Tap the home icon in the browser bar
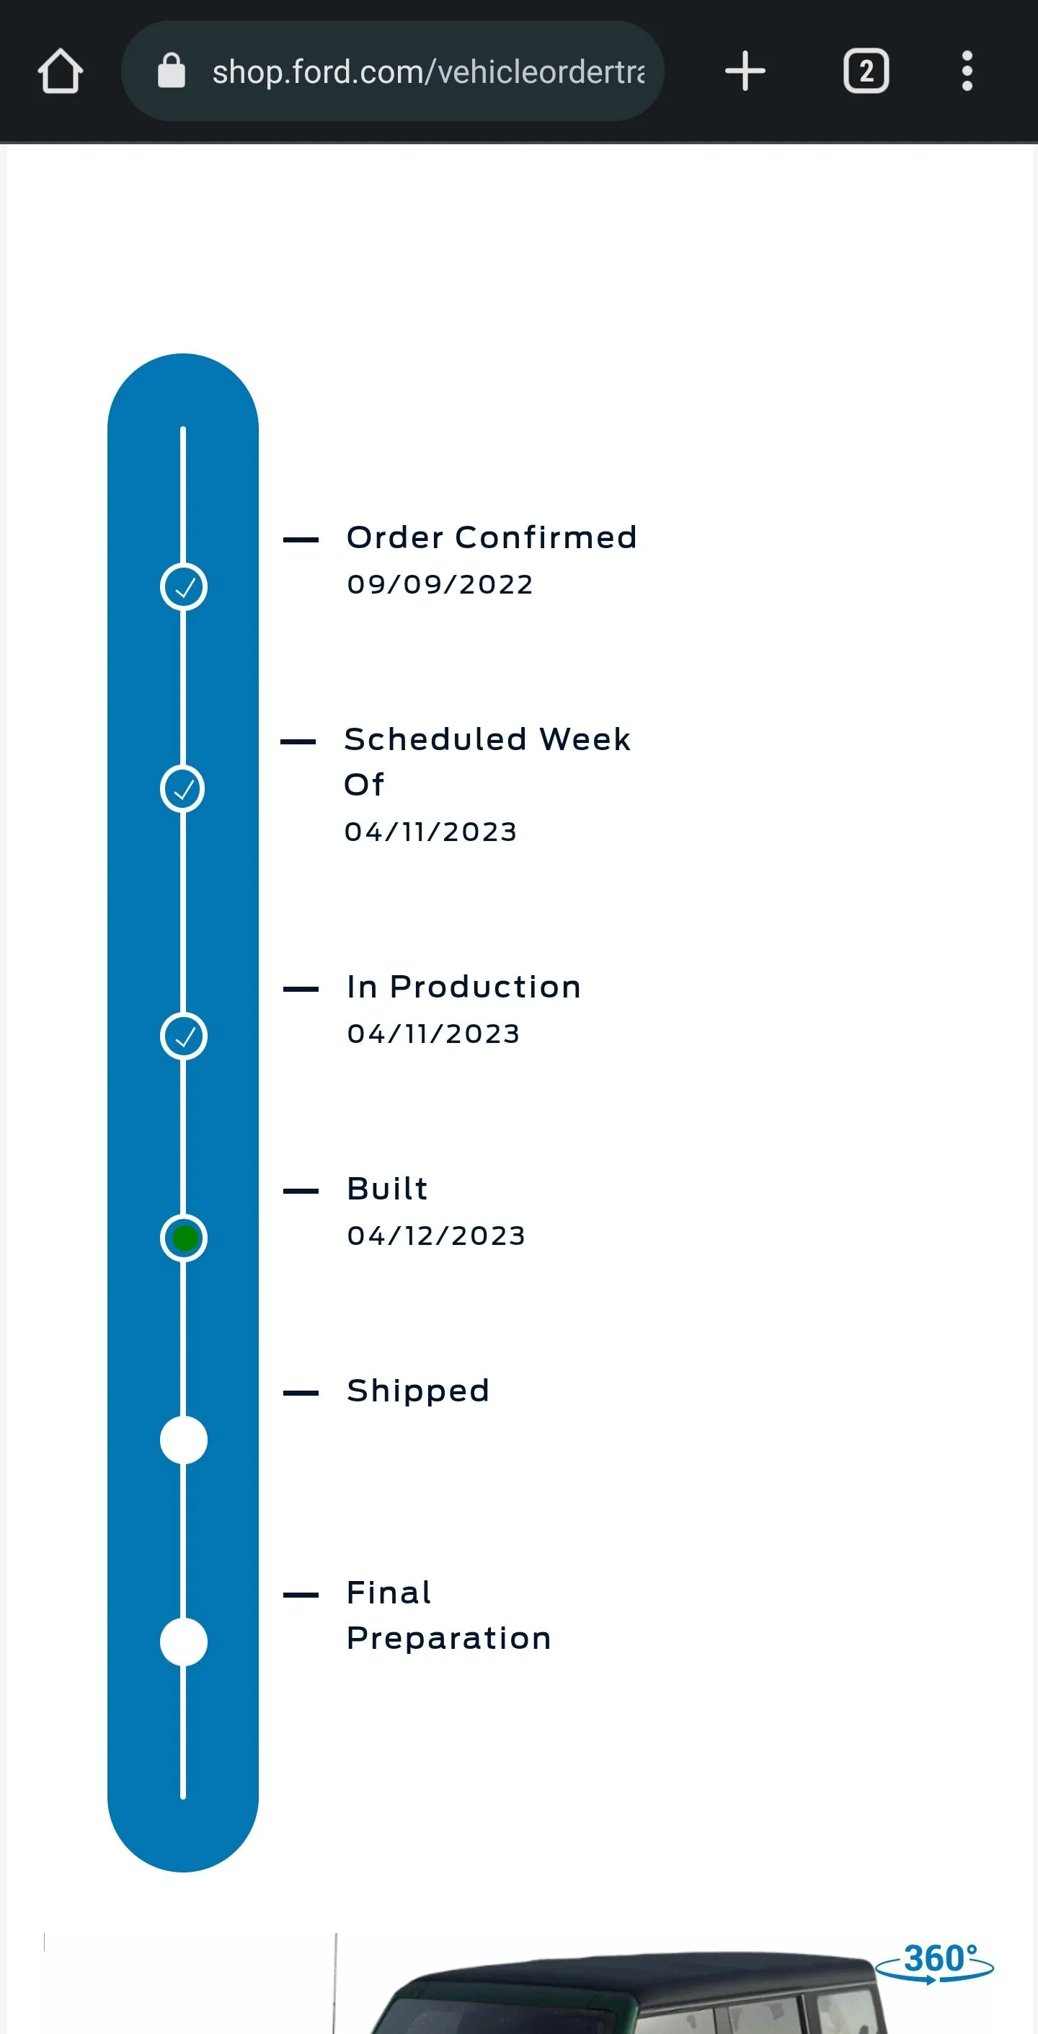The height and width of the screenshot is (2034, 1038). click(x=60, y=71)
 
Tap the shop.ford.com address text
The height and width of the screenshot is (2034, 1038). click(x=429, y=72)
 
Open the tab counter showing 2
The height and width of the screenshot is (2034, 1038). click(x=866, y=71)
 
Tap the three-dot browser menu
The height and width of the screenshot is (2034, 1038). click(x=967, y=71)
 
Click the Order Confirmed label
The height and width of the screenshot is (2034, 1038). click(x=492, y=538)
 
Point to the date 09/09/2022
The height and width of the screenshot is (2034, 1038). click(x=440, y=584)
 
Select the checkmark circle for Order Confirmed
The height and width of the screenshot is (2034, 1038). click(x=184, y=587)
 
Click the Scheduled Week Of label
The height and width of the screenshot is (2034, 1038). click(x=487, y=762)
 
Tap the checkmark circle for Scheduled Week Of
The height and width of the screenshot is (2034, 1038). click(x=182, y=789)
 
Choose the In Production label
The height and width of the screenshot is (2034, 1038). click(x=464, y=987)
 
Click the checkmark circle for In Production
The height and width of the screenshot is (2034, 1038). click(x=184, y=1036)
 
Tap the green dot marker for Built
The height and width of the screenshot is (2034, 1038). click(x=184, y=1238)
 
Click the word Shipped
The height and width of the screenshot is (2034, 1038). click(x=418, y=1391)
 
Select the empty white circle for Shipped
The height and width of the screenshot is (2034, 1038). click(x=184, y=1440)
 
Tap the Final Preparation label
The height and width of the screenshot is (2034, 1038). click(x=448, y=1616)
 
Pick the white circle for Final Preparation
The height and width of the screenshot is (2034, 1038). click(x=184, y=1642)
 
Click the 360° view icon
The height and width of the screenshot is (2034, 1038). click(x=936, y=1962)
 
